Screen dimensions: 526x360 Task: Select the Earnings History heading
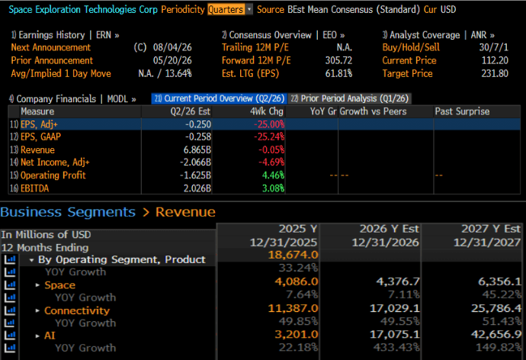52,35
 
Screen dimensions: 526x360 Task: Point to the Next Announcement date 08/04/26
172,47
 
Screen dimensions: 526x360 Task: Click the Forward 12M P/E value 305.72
338,60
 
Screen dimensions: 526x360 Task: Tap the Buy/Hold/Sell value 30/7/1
493,47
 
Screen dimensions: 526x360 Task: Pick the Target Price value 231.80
495,73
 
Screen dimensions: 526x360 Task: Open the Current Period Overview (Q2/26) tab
219,98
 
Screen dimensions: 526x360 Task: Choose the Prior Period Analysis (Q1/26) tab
350,98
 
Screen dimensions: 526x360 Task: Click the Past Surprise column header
462,111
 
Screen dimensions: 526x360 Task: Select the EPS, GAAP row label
40,137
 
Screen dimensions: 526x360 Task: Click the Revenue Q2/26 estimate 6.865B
197,149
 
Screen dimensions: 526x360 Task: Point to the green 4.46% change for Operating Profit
273,175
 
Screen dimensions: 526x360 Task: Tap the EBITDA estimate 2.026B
197,188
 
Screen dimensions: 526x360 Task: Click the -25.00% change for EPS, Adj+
269,124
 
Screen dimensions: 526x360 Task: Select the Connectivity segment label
77,310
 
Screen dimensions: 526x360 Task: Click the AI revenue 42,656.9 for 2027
496,334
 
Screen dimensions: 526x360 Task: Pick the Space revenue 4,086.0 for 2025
297,281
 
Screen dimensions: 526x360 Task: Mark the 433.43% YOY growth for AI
396,347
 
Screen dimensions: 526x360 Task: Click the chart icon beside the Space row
10,284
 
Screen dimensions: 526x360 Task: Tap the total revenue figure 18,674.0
293,255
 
